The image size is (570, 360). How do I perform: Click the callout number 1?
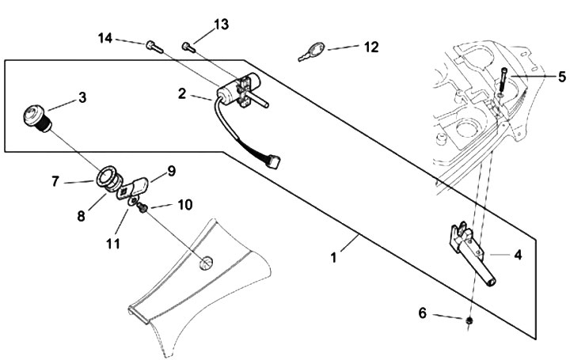click(x=334, y=257)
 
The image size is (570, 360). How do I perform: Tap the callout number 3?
click(x=82, y=98)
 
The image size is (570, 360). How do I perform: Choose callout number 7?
click(x=55, y=181)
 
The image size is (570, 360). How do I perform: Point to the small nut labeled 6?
click(x=469, y=320)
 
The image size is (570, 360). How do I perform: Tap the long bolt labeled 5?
click(x=502, y=82)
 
